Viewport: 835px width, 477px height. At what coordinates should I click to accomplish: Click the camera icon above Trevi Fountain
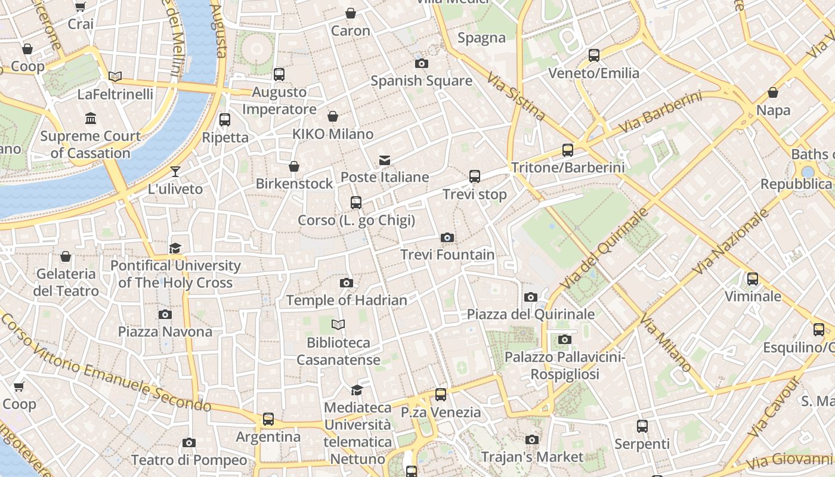pos(447,238)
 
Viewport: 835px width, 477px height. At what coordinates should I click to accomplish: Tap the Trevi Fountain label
pos(447,255)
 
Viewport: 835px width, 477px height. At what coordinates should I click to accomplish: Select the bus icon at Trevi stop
pos(475,176)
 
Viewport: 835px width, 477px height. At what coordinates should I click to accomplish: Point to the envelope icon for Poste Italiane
pos(385,160)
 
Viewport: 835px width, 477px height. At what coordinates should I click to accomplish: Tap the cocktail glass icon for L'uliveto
pos(175,172)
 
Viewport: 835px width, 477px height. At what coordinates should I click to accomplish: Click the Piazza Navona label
pos(165,332)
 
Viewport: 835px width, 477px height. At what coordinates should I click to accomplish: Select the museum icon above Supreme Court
pos(91,119)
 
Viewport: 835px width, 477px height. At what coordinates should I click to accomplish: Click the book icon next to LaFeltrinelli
pos(115,76)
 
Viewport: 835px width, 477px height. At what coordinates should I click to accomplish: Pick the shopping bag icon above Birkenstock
pos(293,166)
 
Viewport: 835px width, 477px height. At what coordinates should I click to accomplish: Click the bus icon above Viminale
pos(753,278)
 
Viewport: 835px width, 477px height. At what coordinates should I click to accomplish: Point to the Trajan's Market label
pos(531,457)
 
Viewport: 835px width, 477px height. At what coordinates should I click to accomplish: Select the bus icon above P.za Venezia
pos(441,394)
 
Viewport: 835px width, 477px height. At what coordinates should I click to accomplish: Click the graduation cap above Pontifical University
pos(175,248)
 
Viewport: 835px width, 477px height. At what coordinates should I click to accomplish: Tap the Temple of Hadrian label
pos(347,300)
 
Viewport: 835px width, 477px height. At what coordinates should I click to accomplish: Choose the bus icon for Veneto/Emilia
pos(593,55)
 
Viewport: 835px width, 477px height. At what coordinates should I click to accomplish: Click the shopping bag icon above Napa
pos(773,92)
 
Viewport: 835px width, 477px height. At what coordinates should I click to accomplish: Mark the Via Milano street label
pos(665,342)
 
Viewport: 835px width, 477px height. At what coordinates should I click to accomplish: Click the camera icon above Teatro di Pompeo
pos(189,442)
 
